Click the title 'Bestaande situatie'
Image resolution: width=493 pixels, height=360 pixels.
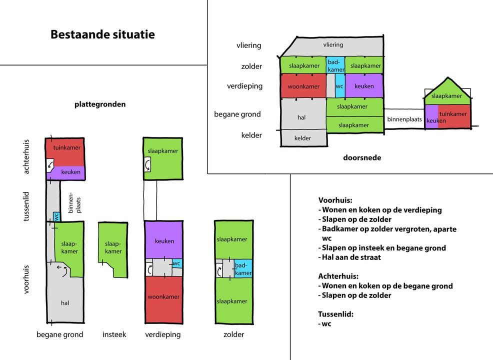pos(102,34)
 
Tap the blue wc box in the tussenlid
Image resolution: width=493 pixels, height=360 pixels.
pos(56,216)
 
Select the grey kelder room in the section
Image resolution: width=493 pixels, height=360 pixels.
pos(303,137)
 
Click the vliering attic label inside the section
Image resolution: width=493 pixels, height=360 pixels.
pos(333,44)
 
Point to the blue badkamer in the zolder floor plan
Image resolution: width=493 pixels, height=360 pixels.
pos(243,268)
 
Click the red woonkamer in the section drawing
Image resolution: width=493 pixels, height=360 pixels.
pos(303,86)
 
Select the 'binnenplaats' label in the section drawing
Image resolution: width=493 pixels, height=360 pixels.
pos(404,119)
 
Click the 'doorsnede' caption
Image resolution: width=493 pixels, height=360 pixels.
pos(362,157)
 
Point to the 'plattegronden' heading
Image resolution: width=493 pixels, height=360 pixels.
pos(100,104)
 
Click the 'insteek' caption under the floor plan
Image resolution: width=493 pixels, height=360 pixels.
pos(114,334)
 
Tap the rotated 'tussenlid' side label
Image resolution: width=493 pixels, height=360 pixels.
pos(26,206)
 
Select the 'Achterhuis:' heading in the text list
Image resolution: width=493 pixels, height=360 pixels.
pos(338,276)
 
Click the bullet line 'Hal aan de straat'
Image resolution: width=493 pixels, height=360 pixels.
pos(349,257)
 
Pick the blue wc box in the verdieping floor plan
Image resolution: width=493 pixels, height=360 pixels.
pos(177,263)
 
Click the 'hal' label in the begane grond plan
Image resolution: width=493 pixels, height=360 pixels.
pos(65,303)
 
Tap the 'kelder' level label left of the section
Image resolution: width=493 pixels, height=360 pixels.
pos(251,135)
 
